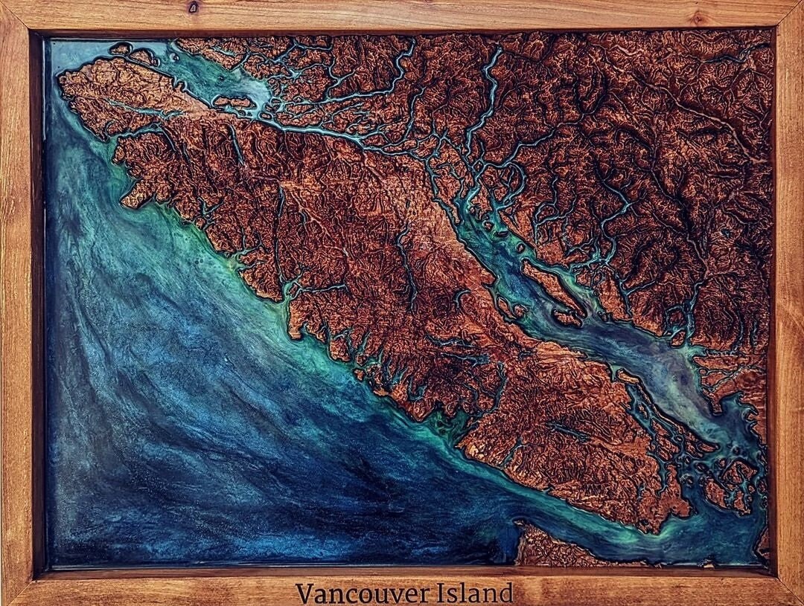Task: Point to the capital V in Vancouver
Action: [304, 593]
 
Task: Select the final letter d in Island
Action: [506, 593]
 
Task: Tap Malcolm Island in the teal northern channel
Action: [232, 101]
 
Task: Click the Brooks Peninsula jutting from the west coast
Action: [134, 195]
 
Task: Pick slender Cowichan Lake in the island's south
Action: [573, 431]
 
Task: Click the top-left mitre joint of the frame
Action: [15, 13]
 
